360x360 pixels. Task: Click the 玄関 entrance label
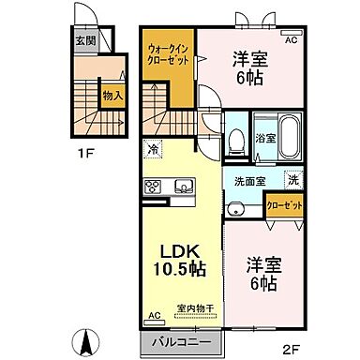[85, 40]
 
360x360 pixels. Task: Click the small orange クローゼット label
[283, 203]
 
